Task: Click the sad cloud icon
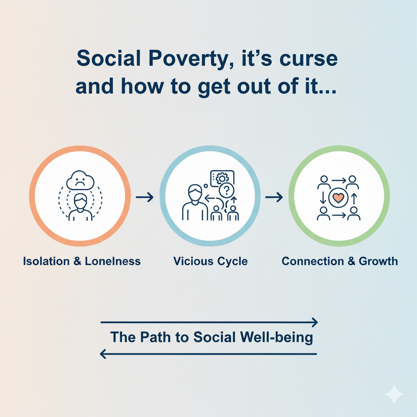[80, 180]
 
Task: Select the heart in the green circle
[338, 198]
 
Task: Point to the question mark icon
[226, 190]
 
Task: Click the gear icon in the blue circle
[222, 178]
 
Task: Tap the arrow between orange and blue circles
[145, 197]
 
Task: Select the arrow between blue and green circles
[274, 197]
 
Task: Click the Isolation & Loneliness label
[81, 261]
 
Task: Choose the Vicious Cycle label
[211, 261]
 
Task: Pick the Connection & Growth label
[340, 261]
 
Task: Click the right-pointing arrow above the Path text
[209, 323]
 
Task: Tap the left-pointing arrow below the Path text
[208, 354]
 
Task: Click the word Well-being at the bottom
[277, 338]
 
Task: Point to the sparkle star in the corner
[394, 394]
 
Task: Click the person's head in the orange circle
[80, 201]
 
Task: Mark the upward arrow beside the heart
[354, 199]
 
